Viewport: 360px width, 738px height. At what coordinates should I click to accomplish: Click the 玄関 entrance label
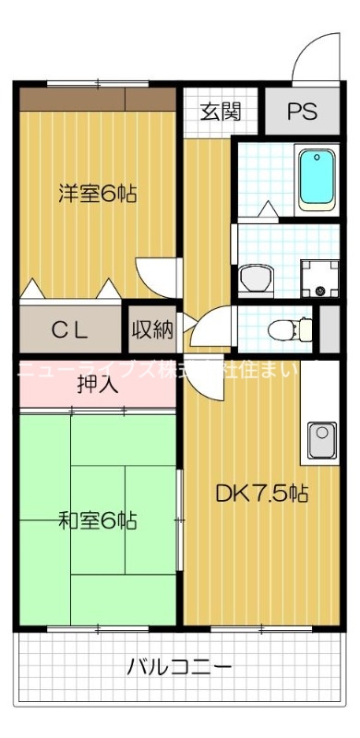[x=222, y=112]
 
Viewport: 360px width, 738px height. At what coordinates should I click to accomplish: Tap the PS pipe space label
[x=301, y=112]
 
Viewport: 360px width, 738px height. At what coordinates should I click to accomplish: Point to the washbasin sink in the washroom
[x=252, y=276]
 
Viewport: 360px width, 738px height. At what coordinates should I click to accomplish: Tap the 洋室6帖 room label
[x=99, y=194]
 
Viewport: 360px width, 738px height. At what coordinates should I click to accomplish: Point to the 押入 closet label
[x=97, y=383]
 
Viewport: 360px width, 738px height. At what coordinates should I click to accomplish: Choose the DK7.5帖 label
[x=262, y=494]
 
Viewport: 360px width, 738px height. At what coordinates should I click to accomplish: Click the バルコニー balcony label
[x=180, y=666]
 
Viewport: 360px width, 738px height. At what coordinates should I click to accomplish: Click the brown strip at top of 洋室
[x=97, y=97]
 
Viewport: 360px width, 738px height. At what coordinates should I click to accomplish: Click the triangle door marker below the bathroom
[x=267, y=211]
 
